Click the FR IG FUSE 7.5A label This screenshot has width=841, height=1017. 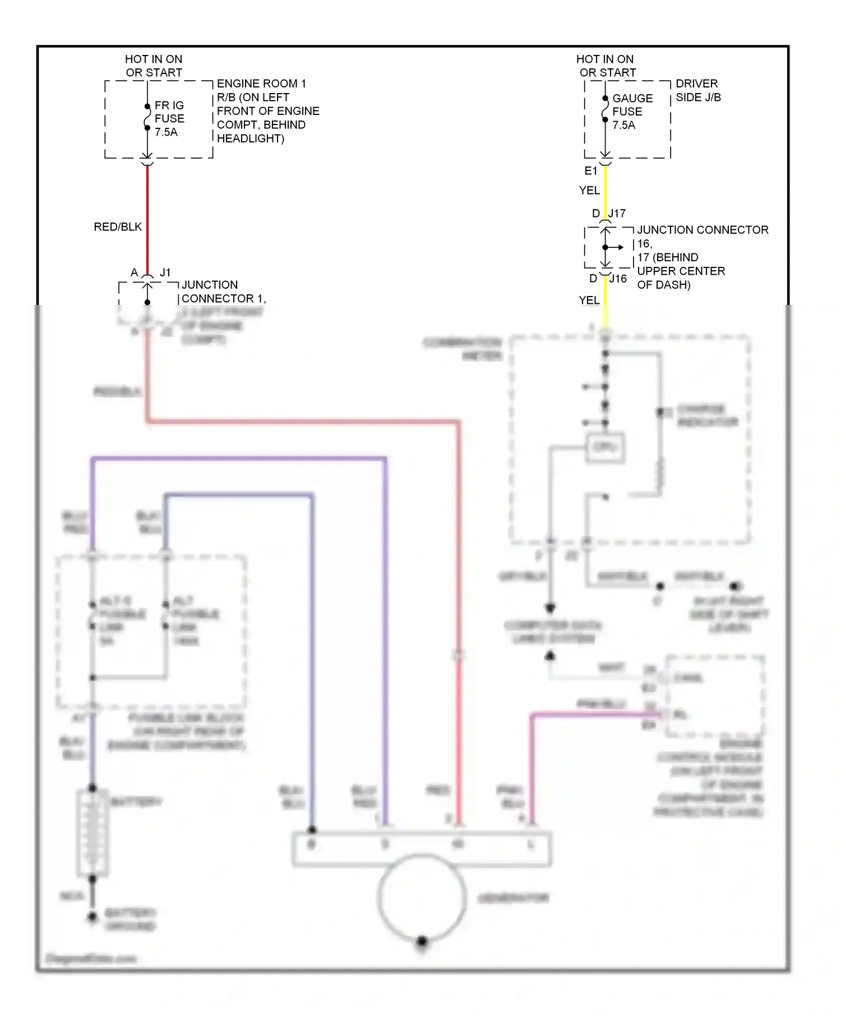pyautogui.click(x=169, y=119)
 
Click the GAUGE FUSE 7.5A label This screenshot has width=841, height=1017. pyautogui.click(x=631, y=112)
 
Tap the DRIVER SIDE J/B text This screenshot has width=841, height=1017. pyautogui.click(x=697, y=90)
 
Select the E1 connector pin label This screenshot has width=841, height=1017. pyautogui.click(x=590, y=171)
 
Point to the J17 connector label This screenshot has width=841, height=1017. pyautogui.click(x=617, y=214)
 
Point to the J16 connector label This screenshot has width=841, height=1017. pyautogui.click(x=618, y=279)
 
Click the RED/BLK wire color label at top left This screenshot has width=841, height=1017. pyautogui.click(x=118, y=227)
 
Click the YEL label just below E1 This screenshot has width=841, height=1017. pyautogui.click(x=589, y=191)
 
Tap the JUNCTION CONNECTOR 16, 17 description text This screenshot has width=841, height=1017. pyautogui.click(x=702, y=257)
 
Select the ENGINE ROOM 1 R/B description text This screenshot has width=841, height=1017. pyautogui.click(x=267, y=111)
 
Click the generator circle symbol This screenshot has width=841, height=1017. pyautogui.click(x=422, y=897)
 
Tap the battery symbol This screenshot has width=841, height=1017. pyautogui.click(x=93, y=833)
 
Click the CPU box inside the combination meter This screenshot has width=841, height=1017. pyautogui.click(x=605, y=447)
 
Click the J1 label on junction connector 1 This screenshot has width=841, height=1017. pyautogui.click(x=165, y=272)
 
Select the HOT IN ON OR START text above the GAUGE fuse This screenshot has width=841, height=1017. pyautogui.click(x=606, y=66)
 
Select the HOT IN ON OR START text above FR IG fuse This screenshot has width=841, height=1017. pyautogui.click(x=154, y=66)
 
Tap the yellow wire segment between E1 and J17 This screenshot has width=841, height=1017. pyautogui.click(x=605, y=191)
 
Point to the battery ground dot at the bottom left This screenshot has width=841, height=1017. pyautogui.click(x=92, y=917)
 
